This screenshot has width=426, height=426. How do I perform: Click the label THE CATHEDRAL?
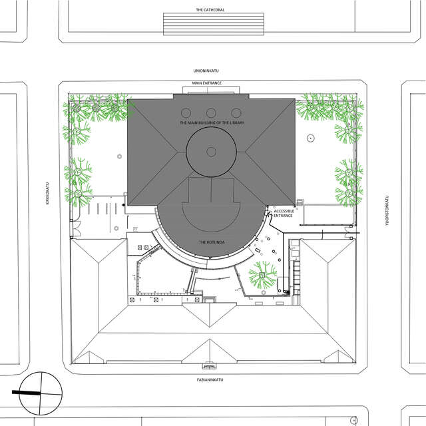click(x=210, y=10)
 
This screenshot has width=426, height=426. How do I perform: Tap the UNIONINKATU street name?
click(x=206, y=71)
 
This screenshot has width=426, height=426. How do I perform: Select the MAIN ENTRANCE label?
click(x=207, y=83)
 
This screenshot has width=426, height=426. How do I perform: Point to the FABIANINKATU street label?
click(x=210, y=380)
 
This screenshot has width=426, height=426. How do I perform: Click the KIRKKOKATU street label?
click(x=47, y=193)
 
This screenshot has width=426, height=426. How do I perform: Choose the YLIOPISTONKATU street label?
click(x=387, y=211)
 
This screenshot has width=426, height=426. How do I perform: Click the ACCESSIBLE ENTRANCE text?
click(x=284, y=213)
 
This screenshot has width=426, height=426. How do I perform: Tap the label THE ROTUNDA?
click(x=212, y=242)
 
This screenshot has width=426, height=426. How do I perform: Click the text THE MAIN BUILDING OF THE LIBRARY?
click(x=212, y=122)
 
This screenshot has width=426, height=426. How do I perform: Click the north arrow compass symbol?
click(x=41, y=393)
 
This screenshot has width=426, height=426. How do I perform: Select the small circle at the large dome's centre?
click(x=211, y=152)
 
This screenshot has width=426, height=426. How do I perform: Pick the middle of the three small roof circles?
click(x=211, y=113)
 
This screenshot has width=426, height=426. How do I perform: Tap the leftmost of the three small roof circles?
click(x=186, y=113)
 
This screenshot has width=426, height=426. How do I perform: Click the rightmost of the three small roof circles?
click(x=236, y=113)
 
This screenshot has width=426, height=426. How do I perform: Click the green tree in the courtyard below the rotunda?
click(x=262, y=275)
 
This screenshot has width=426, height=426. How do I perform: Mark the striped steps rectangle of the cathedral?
click(x=214, y=24)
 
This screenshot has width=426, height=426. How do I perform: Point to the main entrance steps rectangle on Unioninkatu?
click(x=211, y=91)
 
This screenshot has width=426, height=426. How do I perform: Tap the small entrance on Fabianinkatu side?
click(x=210, y=366)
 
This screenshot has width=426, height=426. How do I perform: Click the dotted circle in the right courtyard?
click(x=311, y=138)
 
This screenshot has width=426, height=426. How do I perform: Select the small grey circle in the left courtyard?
click(x=119, y=156)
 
